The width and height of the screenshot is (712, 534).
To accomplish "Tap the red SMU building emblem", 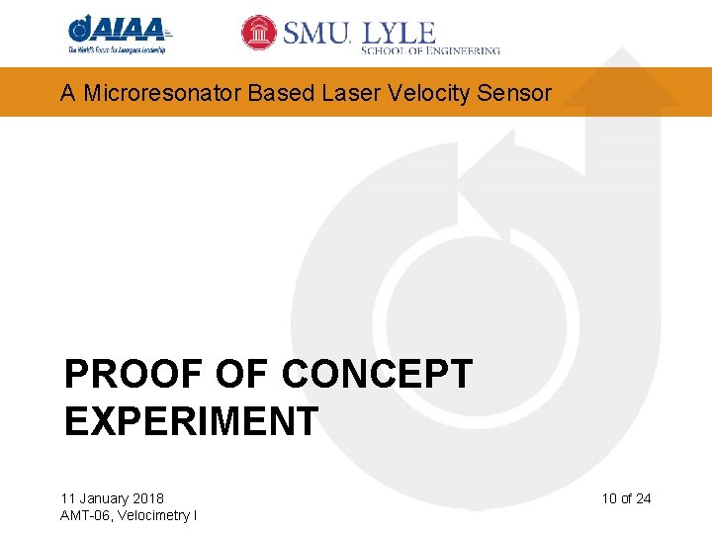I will (259, 33).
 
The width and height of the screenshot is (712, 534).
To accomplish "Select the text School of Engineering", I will (430, 50).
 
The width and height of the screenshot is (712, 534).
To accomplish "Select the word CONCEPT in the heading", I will (378, 376).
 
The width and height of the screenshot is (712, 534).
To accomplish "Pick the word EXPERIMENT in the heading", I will (191, 421).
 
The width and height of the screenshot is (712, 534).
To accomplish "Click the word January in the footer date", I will (108, 498).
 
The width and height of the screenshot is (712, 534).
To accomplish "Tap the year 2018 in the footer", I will (148, 498).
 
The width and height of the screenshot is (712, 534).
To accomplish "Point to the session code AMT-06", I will (84, 515).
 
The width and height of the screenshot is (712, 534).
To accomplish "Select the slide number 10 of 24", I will (626, 498).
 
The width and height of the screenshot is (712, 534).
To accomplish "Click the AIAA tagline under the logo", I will (117, 49).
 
